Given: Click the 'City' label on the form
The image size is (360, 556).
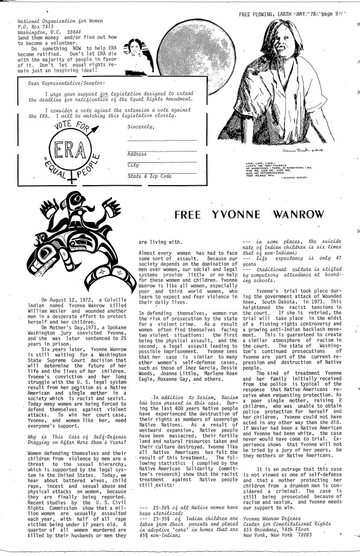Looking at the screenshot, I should [x=133, y=165].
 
